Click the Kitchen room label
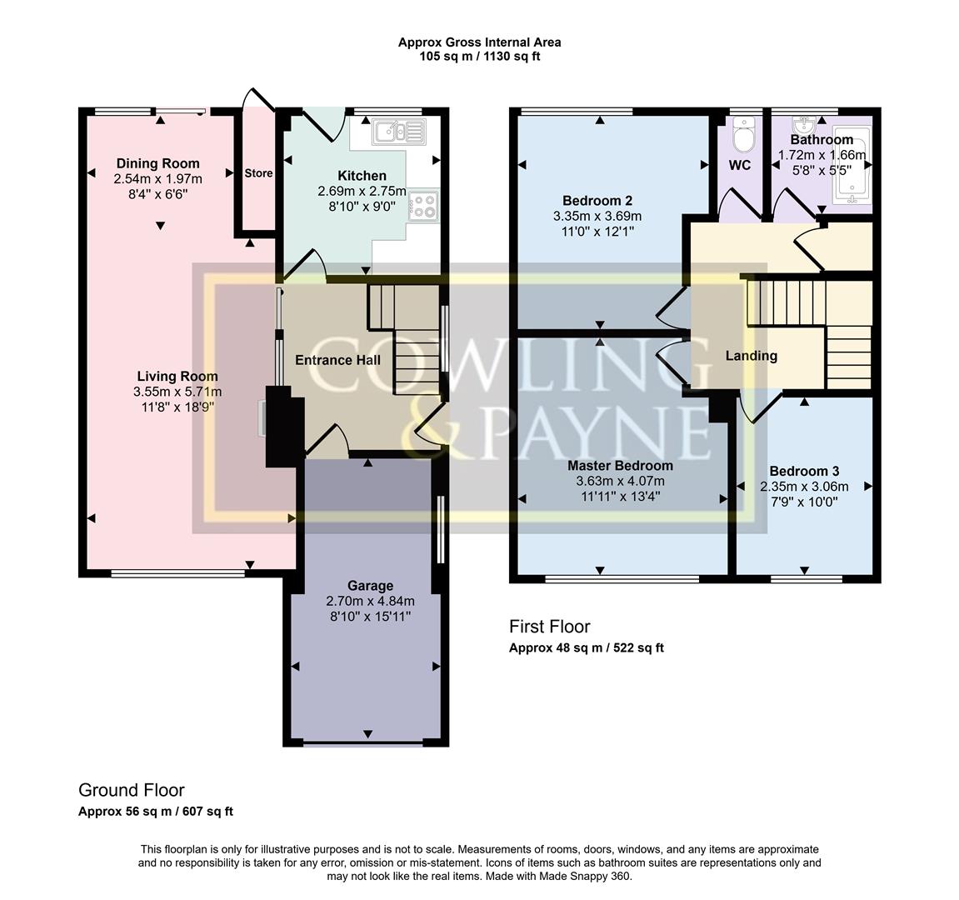tap(362, 176)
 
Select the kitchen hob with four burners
tap(424, 205)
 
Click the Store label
tap(258, 173)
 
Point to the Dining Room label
tap(158, 163)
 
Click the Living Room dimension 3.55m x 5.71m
tap(177, 392)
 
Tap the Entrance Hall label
tap(337, 360)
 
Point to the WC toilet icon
tap(740, 131)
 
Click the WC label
tap(740, 165)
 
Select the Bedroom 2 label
tap(597, 201)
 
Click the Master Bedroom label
tap(620, 466)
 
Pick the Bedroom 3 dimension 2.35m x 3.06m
tap(804, 487)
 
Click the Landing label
tap(751, 356)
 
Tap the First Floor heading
tap(549, 627)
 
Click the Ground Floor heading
tap(131, 790)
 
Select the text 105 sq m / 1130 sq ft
tap(479, 57)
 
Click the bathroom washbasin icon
tap(805, 127)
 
